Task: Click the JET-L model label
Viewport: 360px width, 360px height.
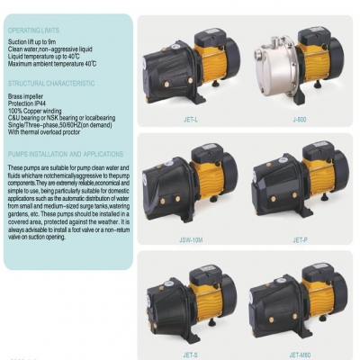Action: tap(191, 117)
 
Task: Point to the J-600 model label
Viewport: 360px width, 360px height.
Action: tap(299, 117)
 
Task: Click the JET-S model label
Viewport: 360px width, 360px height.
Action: tap(191, 354)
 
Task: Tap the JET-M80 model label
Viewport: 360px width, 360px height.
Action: tap(299, 354)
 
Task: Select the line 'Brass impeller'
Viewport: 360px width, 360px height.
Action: tap(26, 94)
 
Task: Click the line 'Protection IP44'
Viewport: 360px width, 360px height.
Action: tap(28, 102)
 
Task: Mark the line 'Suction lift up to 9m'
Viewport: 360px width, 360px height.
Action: tap(33, 41)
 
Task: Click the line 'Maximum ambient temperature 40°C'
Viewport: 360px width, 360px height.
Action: tap(52, 63)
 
